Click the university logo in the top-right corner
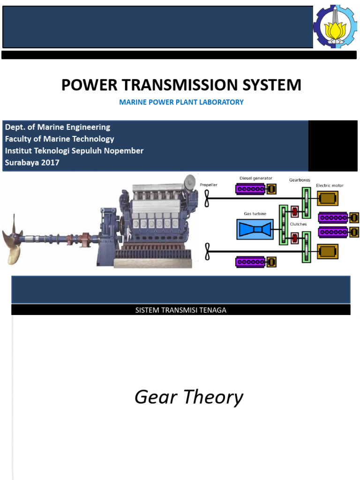[336, 27]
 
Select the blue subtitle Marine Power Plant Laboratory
[181, 102]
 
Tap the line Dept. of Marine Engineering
[58, 127]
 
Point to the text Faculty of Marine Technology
[60, 139]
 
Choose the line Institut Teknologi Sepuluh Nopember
[74, 150]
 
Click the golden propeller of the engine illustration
[13, 239]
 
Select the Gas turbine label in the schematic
[255, 214]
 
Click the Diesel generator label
[255, 178]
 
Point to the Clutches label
[298, 224]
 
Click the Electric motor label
[330, 186]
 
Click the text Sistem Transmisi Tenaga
[180, 310]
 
